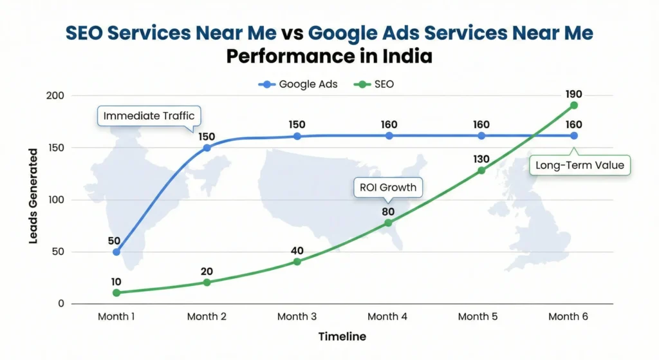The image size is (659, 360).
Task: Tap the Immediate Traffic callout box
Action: (149, 116)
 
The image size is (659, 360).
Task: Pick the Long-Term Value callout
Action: (580, 166)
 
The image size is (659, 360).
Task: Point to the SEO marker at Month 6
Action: (573, 105)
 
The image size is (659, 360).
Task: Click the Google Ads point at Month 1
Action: (116, 252)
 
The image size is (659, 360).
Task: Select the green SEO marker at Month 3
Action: (297, 261)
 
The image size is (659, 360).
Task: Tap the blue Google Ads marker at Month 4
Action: (389, 136)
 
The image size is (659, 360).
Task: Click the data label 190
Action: (573, 94)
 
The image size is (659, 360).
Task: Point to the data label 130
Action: (481, 159)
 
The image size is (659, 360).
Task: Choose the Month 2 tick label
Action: (207, 316)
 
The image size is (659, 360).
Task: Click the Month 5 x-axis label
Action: (478, 316)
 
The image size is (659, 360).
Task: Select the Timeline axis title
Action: (342, 337)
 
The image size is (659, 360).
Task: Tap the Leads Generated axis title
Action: (33, 196)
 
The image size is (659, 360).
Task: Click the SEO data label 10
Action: (116, 281)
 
